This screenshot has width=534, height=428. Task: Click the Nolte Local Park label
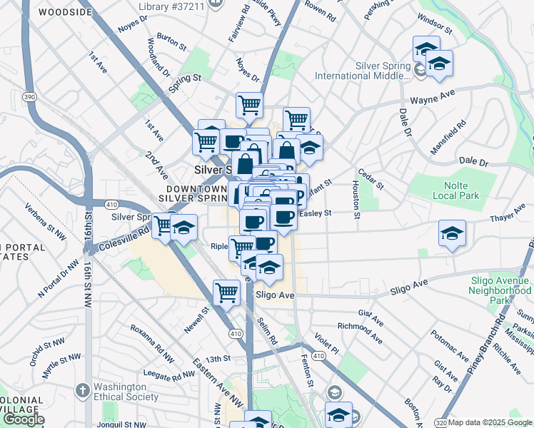tap(458, 189)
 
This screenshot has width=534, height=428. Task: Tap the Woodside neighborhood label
tap(65, 13)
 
